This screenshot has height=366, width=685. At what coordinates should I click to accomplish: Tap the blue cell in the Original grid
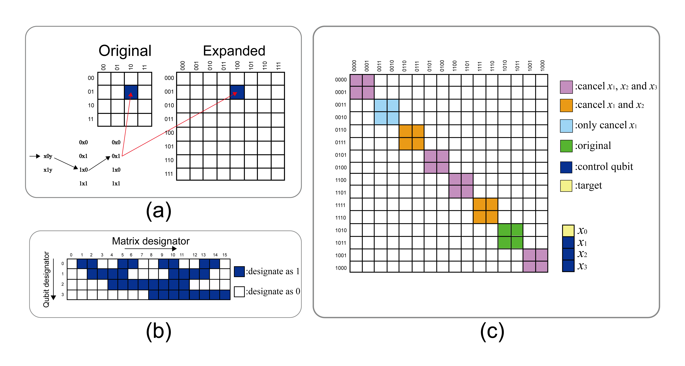click(x=131, y=92)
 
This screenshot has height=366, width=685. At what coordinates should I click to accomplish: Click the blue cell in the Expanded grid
click(x=237, y=92)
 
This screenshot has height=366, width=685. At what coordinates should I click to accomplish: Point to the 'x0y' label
click(x=48, y=156)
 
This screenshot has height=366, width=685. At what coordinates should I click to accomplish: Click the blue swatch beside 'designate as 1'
click(x=239, y=271)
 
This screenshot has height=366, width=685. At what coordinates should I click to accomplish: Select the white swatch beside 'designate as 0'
click(x=239, y=292)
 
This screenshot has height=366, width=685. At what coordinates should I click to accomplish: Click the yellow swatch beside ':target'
click(x=566, y=186)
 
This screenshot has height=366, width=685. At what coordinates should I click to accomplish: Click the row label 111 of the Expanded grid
click(x=169, y=174)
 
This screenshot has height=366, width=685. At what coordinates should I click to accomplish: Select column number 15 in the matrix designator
click(x=225, y=255)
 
